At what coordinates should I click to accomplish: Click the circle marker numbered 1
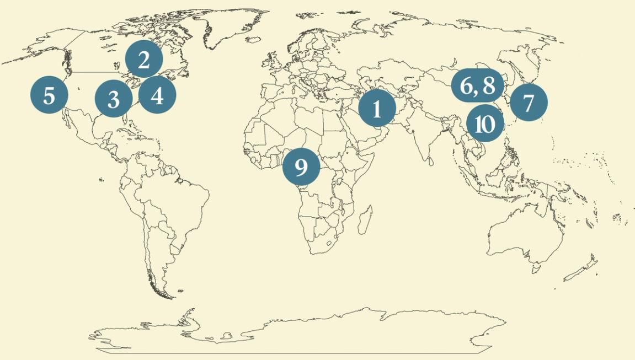click(x=377, y=109)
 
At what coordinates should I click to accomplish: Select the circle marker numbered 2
click(x=144, y=59)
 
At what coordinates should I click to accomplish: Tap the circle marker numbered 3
click(x=114, y=99)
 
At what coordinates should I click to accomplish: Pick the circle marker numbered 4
click(x=157, y=96)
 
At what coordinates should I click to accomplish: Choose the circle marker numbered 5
click(x=49, y=95)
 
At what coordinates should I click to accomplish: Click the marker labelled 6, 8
click(x=478, y=86)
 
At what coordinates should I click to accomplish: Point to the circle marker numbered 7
click(x=529, y=103)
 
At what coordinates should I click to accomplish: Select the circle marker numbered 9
click(x=301, y=166)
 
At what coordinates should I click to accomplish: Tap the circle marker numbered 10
click(x=485, y=124)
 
